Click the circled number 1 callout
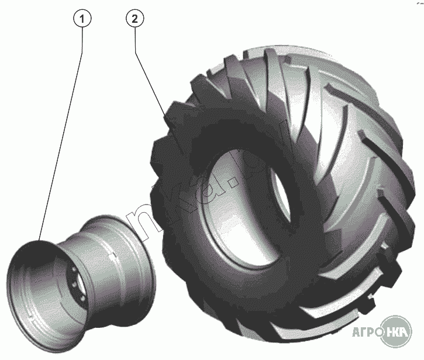83,19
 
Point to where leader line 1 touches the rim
40,240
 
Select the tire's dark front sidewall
187,193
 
